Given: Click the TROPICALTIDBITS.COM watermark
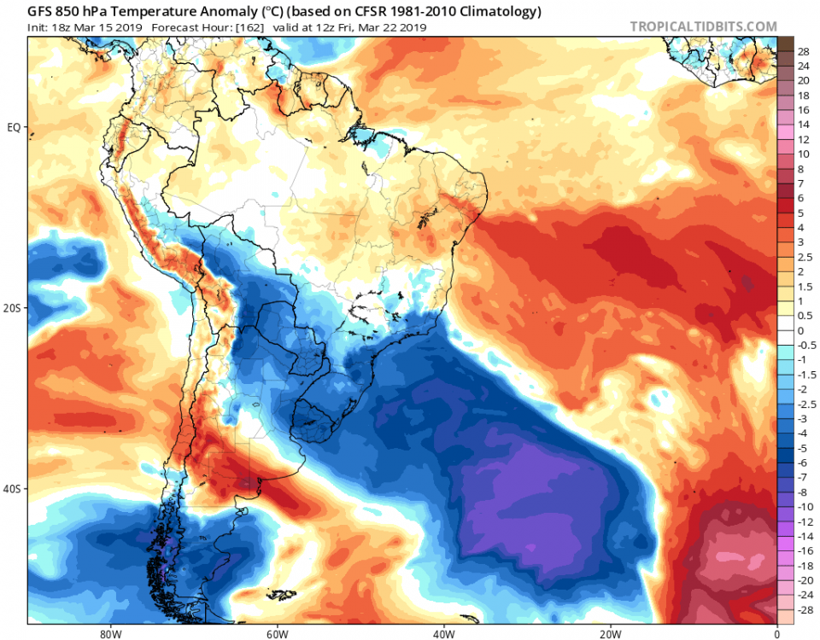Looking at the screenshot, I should [704, 26].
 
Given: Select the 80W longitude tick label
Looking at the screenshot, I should [108, 633].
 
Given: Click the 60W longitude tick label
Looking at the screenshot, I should [275, 633].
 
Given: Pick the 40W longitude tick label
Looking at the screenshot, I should [442, 633].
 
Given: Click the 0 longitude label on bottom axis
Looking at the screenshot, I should [776, 633].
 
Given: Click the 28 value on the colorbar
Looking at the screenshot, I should [803, 52].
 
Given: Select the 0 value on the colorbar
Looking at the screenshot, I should [800, 331].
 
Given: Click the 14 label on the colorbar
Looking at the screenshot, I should [803, 125].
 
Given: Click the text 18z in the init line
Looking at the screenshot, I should [61, 27].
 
